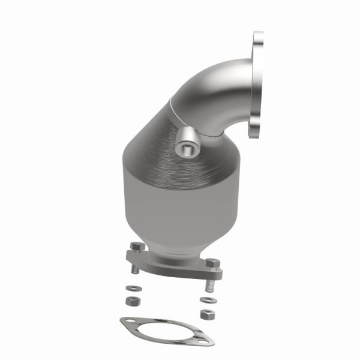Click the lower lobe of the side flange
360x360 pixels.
click(256, 129)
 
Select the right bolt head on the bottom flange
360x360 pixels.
click(211, 263)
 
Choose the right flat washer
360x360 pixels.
click(208, 299)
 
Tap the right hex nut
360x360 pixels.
click(208, 314)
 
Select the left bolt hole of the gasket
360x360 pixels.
click(128, 324)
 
